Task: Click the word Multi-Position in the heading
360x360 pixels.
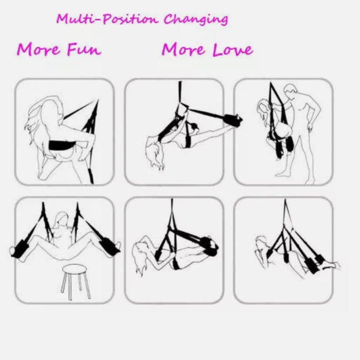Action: pos(107,19)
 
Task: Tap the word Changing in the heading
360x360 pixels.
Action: pos(196,19)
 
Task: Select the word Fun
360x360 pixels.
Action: pos(84,49)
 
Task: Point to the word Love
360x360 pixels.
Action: pos(233,49)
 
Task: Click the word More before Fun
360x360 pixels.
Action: pos(38,49)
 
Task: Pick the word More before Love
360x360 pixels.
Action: pos(183,49)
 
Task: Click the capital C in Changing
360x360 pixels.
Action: pos(169,19)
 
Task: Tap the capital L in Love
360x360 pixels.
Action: pos(218,49)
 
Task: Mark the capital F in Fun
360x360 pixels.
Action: pos(71,49)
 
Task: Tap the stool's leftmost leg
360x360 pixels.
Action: pos(64,282)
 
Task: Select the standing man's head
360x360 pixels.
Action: pos(291,92)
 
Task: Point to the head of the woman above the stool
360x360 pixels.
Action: pos(61,219)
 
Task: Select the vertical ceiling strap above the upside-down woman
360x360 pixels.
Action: pos(180,92)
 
